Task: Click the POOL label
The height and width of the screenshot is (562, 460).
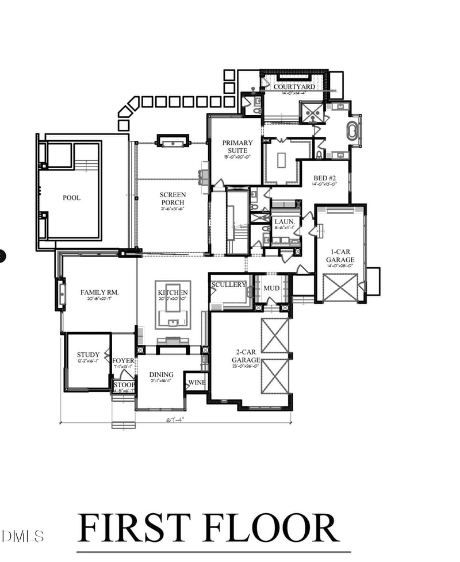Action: (x=71, y=198)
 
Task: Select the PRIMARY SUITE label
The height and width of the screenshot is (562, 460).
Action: (x=237, y=147)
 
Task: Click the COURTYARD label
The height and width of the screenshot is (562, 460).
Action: (x=294, y=87)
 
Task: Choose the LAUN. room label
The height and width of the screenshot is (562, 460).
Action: (x=285, y=221)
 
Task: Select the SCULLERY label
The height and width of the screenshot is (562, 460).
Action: (x=228, y=284)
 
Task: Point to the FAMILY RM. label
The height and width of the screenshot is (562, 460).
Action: (x=99, y=292)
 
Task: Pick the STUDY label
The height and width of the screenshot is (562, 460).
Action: (x=88, y=355)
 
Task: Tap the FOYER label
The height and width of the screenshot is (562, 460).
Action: (x=123, y=361)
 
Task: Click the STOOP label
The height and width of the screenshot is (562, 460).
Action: (x=124, y=385)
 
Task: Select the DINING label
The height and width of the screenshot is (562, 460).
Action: (x=162, y=375)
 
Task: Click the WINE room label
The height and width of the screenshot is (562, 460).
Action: (x=197, y=383)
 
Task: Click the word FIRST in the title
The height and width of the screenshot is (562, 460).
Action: (x=133, y=528)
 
